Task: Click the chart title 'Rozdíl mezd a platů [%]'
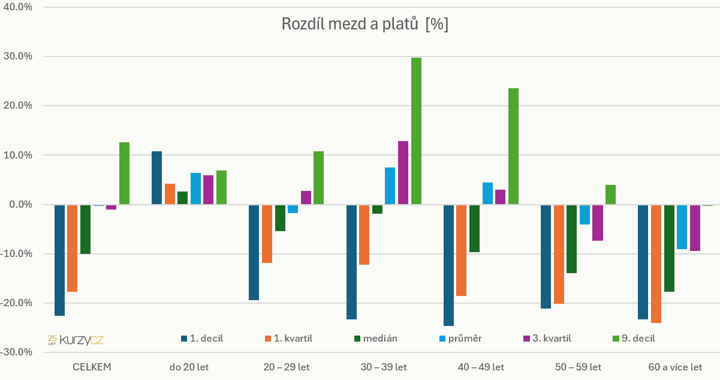click(x=365, y=25)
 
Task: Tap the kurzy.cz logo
click(x=76, y=340)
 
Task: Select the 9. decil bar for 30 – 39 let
click(x=416, y=131)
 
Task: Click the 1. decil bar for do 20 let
click(x=156, y=178)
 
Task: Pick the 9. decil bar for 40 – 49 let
click(x=513, y=146)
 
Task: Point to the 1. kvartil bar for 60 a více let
click(x=655, y=264)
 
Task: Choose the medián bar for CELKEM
click(x=85, y=229)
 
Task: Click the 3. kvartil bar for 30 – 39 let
click(x=403, y=173)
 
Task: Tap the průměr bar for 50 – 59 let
click(x=585, y=214)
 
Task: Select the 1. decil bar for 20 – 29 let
click(x=254, y=252)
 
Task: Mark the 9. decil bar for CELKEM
click(x=124, y=173)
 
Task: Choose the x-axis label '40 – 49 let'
click(x=480, y=367)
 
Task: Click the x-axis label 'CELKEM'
click(x=92, y=367)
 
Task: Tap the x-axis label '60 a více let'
click(x=674, y=367)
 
